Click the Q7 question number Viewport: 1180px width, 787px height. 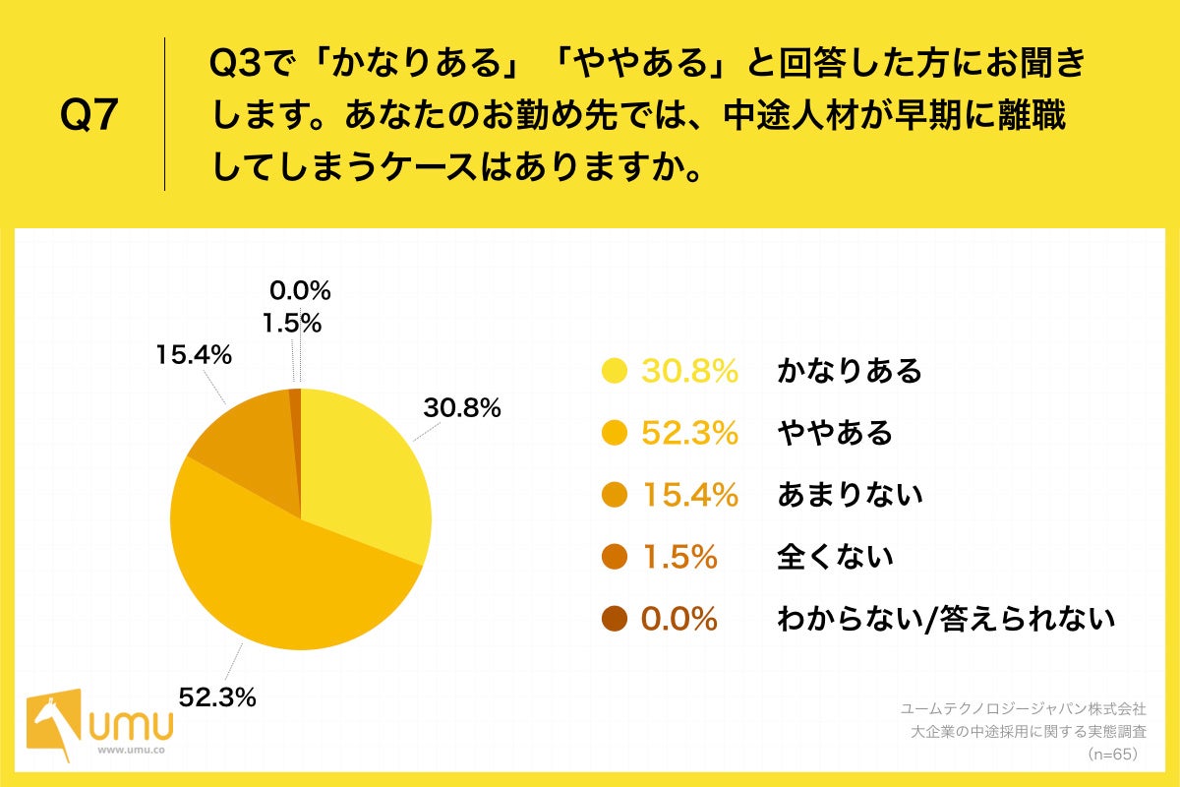coord(88,116)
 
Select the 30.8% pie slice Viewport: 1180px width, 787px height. coord(364,472)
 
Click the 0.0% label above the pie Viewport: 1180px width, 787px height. coord(299,290)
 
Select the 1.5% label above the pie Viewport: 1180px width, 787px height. coord(291,323)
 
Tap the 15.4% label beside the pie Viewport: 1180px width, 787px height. coord(194,355)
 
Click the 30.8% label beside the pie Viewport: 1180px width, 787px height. coord(462,408)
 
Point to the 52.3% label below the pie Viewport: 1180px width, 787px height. coord(217,697)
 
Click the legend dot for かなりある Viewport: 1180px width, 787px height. coord(615,371)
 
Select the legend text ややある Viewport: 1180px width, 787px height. coord(835,433)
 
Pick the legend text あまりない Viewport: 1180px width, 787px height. coord(850,495)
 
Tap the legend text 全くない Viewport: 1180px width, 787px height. coord(835,557)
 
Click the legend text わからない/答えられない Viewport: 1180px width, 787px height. coord(946,619)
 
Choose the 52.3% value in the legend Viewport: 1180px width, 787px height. coord(689,433)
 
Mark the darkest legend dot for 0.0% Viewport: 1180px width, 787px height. coord(615,619)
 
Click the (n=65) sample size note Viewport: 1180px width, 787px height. coord(1111,755)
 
